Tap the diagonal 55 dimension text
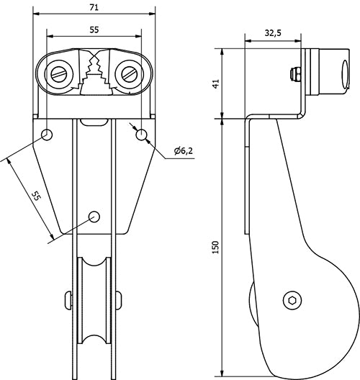[34, 196]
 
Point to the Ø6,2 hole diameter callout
[184, 151]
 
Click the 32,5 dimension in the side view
[274, 32]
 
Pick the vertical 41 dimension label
[215, 83]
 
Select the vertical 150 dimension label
[215, 245]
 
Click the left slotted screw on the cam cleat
[58, 73]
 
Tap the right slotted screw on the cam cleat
[130, 73]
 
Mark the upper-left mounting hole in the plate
[48, 134]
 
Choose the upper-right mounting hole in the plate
[140, 134]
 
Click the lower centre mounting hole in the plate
[94, 216]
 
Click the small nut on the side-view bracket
[296, 73]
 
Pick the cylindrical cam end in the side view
[331, 72]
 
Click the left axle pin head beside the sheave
[68, 299]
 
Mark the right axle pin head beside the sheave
[120, 299]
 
